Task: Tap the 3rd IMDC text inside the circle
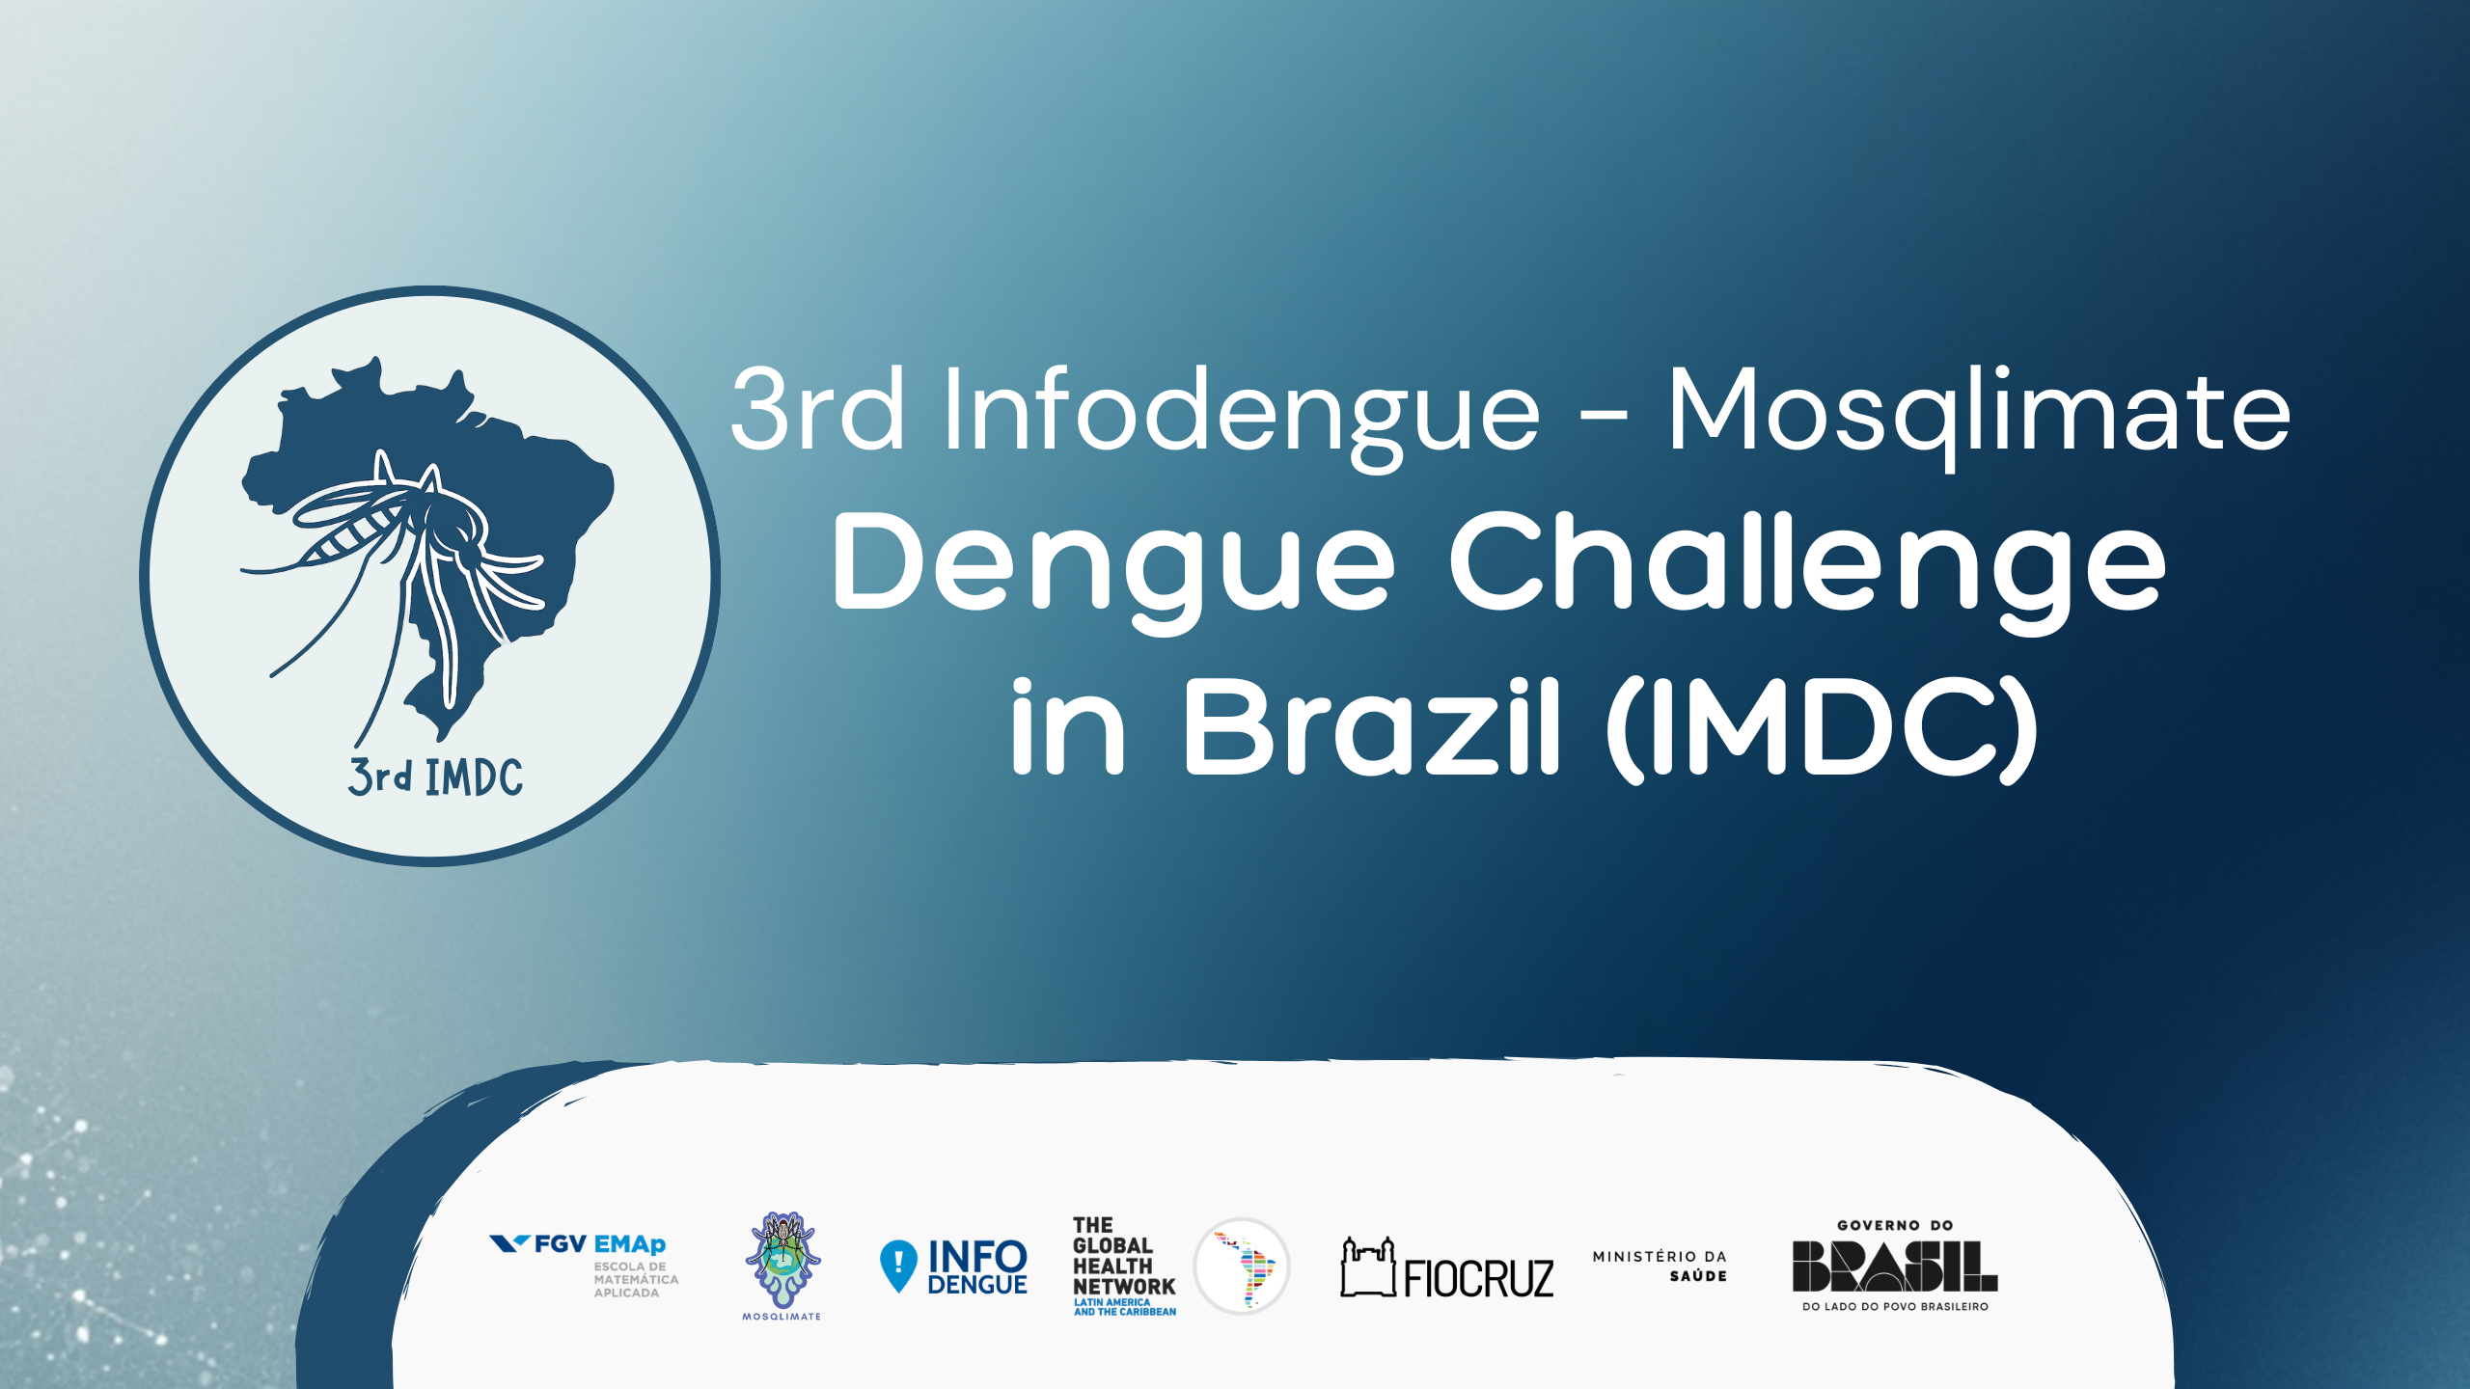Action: click(435, 777)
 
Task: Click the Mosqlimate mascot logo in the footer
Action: click(782, 1260)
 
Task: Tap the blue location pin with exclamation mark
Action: click(898, 1265)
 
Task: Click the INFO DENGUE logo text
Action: click(976, 1267)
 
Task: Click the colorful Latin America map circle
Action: click(1243, 1266)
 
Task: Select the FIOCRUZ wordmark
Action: click(1478, 1279)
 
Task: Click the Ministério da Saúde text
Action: click(1660, 1266)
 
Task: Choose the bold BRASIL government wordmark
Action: click(1894, 1266)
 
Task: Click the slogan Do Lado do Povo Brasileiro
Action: click(1895, 1307)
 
